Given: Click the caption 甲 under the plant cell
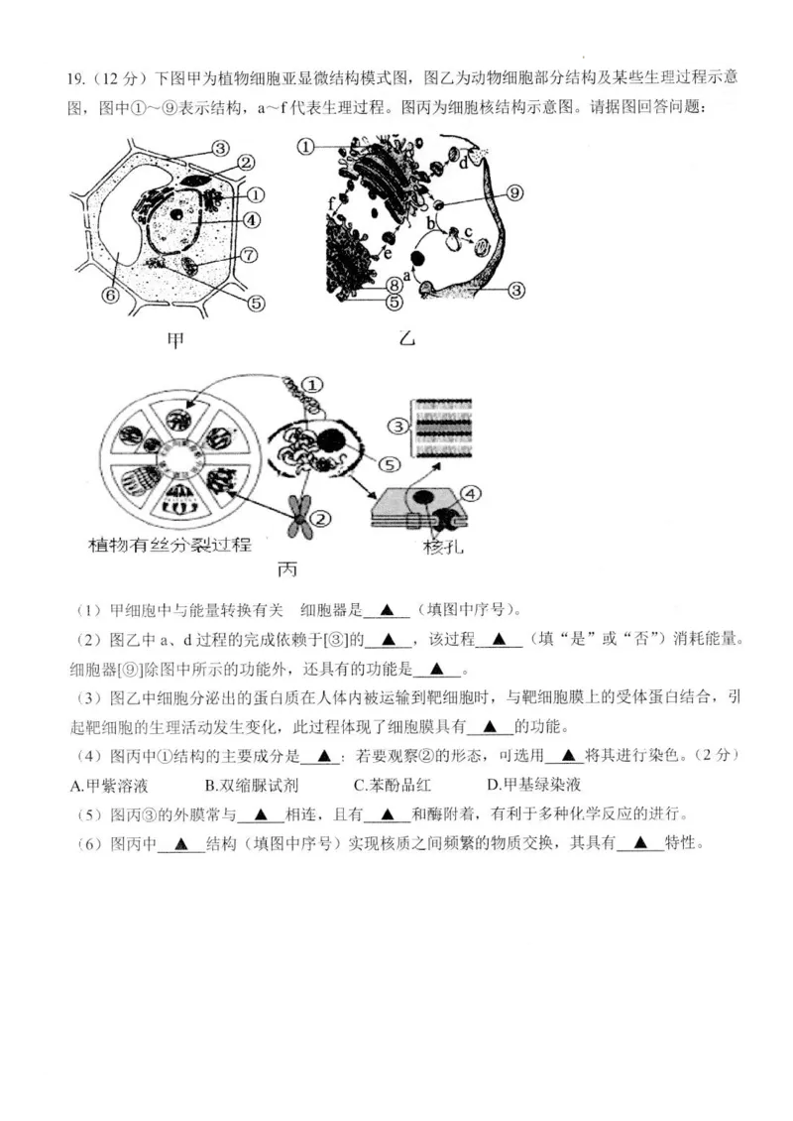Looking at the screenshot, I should coord(175,341).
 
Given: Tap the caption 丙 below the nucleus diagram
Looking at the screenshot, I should coord(286,569).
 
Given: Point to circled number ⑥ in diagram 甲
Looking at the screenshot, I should coord(110,295).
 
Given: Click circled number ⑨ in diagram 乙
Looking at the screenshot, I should coord(514,192).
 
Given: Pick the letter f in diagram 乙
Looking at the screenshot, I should coord(331,202).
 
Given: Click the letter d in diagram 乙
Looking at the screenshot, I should coord(464,165).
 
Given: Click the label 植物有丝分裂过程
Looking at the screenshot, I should coord(170,545).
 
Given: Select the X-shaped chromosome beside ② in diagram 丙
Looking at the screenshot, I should coord(298,516).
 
